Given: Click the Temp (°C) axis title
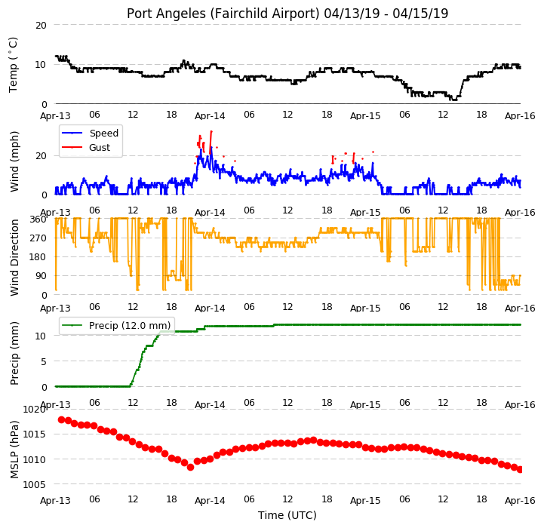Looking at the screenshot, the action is click(x=13, y=65).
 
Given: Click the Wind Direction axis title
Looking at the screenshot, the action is click(x=14, y=257).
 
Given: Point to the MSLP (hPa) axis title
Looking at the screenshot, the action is click(x=14, y=450).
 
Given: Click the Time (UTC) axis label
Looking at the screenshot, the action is click(x=287, y=515).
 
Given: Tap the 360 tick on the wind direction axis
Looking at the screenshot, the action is click(x=38, y=219).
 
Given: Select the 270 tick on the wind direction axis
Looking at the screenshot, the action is click(x=38, y=238).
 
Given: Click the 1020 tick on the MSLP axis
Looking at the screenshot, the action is click(x=34, y=410).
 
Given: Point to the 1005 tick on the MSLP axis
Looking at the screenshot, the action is click(x=34, y=485).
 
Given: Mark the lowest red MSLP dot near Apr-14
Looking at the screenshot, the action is click(x=190, y=468).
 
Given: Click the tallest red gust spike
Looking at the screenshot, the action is click(x=211, y=143).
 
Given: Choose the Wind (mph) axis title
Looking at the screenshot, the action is click(x=14, y=161).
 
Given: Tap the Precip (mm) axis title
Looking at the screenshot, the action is click(x=14, y=353).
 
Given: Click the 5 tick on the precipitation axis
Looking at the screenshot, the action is click(x=44, y=362).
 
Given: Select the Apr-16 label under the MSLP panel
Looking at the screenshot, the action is click(x=520, y=501).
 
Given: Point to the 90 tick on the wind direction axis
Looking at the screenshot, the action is click(x=41, y=276).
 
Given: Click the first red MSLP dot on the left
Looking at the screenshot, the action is click(x=61, y=420).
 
